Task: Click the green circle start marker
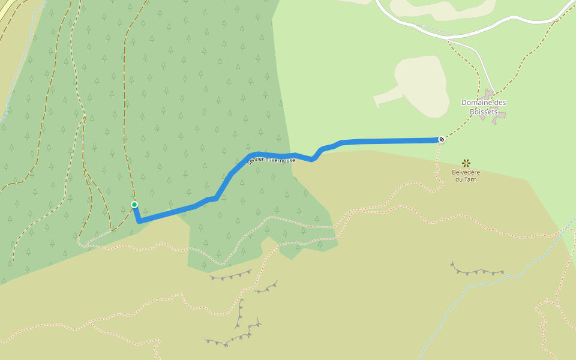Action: (134, 205)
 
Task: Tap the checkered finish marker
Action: (442, 140)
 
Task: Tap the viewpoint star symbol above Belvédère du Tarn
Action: (466, 163)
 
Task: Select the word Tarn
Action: (471, 179)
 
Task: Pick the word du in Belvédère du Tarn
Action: (460, 179)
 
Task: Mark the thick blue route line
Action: (390, 141)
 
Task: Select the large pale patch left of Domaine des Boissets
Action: (423, 84)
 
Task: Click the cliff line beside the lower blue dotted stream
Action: (477, 272)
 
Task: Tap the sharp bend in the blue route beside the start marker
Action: (139, 221)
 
